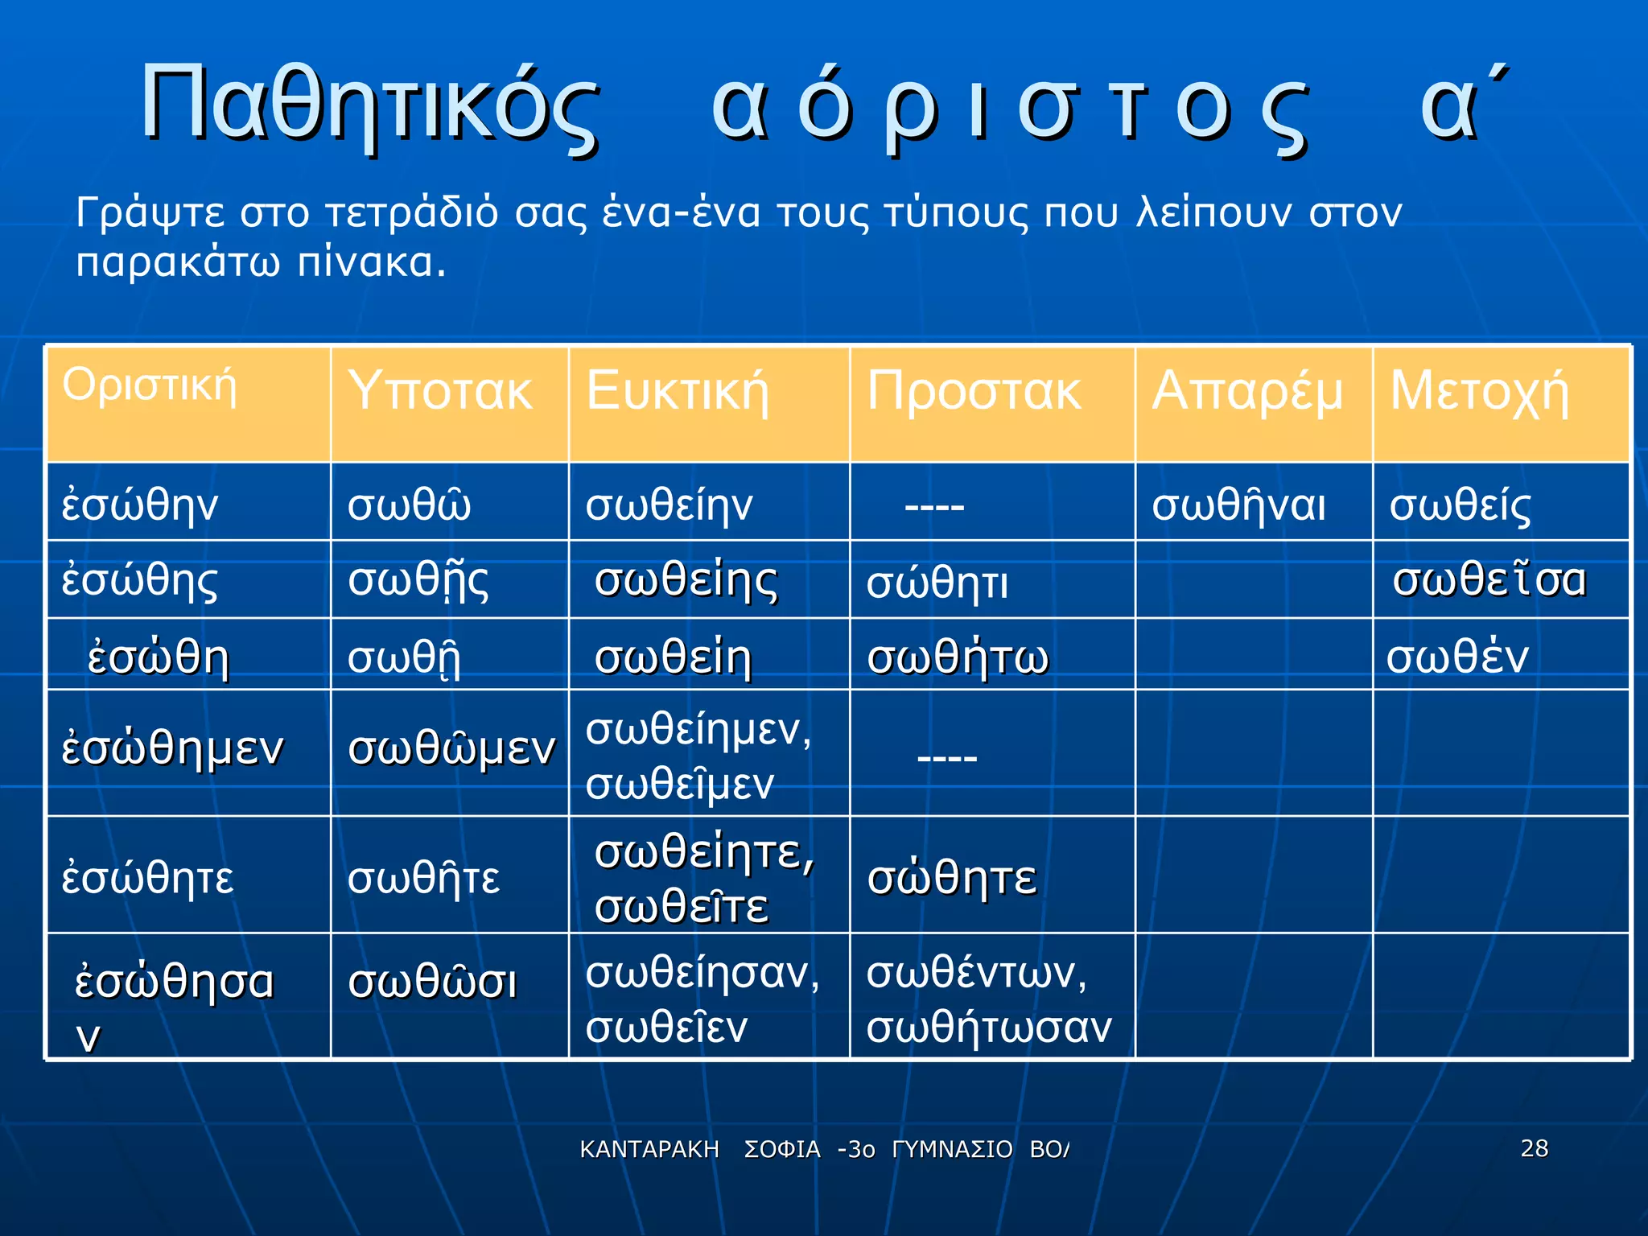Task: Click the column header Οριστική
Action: [x=150, y=385]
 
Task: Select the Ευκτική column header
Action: [x=678, y=392]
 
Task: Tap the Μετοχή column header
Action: [x=1479, y=392]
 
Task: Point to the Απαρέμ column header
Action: [x=1247, y=392]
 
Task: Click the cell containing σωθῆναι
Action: [x=1238, y=505]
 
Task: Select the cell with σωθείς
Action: [x=1460, y=505]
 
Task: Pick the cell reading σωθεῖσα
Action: [x=1489, y=579]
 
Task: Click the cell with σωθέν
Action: [x=1456, y=656]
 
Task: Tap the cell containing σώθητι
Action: [x=937, y=583]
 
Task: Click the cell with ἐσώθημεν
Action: [x=172, y=748]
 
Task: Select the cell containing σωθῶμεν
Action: [x=451, y=748]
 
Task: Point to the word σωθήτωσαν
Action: [x=988, y=1027]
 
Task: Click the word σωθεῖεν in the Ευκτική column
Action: [x=666, y=1027]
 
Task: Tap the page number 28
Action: [x=1534, y=1147]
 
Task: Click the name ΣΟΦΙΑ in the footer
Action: [x=781, y=1149]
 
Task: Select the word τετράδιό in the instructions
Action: [x=411, y=214]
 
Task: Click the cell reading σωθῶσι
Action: [x=432, y=983]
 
